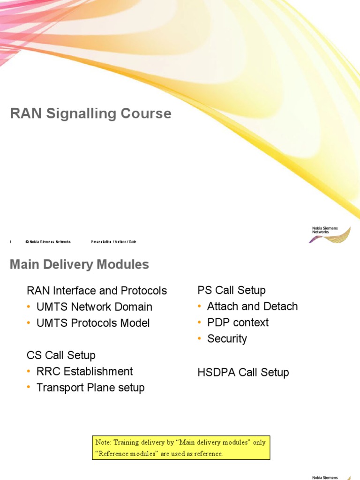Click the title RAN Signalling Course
click(90, 113)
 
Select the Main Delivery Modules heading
click(79, 265)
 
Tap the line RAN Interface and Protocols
click(97, 291)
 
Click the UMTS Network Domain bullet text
click(94, 307)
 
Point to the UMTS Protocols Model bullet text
click(93, 323)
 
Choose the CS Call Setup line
click(61, 355)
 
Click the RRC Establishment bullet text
click(84, 371)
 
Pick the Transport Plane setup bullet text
click(90, 388)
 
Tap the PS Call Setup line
click(232, 290)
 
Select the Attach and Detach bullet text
click(252, 307)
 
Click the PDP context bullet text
click(238, 322)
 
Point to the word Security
click(227, 339)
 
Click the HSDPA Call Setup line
click(243, 373)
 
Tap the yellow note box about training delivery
click(181, 448)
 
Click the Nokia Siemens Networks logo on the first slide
click(329, 233)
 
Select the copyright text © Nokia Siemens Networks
click(48, 242)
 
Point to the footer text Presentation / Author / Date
click(113, 242)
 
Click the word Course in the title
click(145, 113)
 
